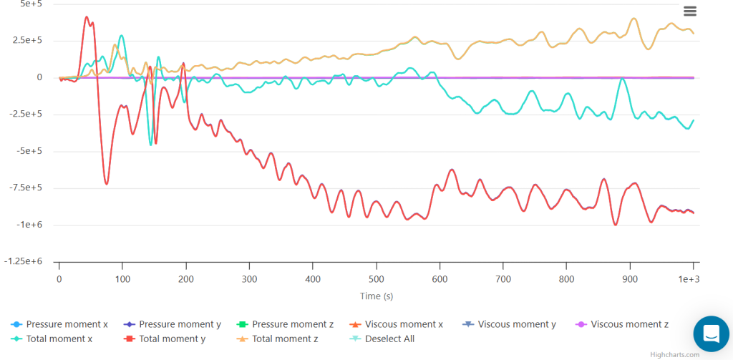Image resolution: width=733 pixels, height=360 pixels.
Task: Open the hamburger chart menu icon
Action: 690,11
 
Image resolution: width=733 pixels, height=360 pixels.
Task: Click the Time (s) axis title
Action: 377,296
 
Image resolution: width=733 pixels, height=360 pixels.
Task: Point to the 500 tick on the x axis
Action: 376,278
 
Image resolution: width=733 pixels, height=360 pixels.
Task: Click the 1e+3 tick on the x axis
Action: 689,278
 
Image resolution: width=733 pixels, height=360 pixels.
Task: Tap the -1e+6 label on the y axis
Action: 31,225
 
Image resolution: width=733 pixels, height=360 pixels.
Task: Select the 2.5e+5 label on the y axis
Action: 29,41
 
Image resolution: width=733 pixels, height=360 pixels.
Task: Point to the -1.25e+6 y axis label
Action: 25,261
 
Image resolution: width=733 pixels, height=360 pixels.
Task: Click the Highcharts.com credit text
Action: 675,354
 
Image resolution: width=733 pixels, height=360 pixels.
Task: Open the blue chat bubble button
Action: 711,334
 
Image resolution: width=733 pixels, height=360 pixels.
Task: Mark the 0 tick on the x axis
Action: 59,278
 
